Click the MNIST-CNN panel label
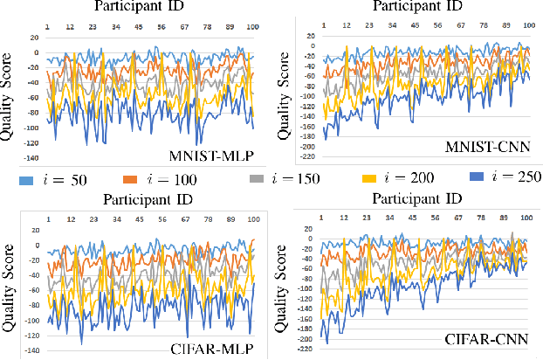point(493,144)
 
